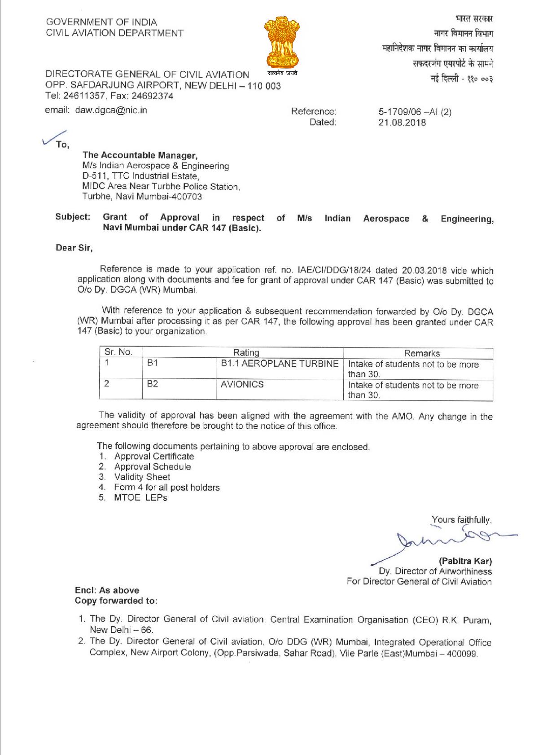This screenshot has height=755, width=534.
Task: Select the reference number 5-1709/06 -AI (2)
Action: click(415, 112)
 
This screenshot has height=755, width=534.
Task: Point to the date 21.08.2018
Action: click(402, 122)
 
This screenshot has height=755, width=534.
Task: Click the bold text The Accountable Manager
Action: click(140, 155)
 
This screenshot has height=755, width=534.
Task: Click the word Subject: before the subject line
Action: click(73, 217)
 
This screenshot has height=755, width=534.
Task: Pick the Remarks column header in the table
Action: click(422, 353)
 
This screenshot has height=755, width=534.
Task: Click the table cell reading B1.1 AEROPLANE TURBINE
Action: click(280, 363)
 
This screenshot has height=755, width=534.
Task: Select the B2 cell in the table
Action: click(153, 384)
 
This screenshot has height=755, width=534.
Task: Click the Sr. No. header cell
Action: click(118, 352)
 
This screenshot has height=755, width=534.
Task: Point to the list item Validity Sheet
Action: click(142, 477)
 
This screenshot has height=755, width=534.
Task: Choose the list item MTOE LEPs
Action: click(140, 497)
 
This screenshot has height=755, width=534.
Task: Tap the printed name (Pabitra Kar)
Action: click(465, 561)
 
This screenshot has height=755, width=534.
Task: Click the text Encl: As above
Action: click(107, 590)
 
